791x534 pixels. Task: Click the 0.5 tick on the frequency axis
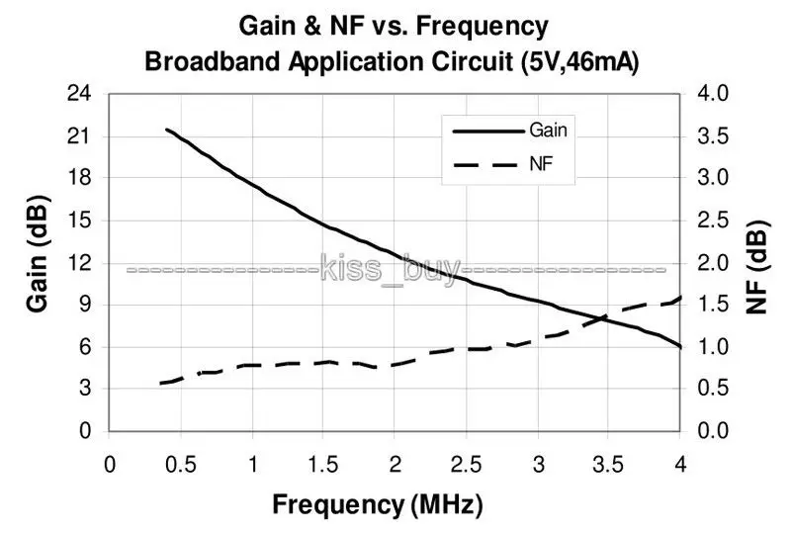pos(181,465)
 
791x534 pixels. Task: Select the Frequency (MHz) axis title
pos(378,505)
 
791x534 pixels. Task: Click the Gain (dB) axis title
pos(38,261)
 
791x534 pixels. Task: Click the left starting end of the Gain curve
pos(166,130)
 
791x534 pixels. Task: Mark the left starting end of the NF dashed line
pos(160,383)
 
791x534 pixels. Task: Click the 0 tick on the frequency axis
pos(110,465)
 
